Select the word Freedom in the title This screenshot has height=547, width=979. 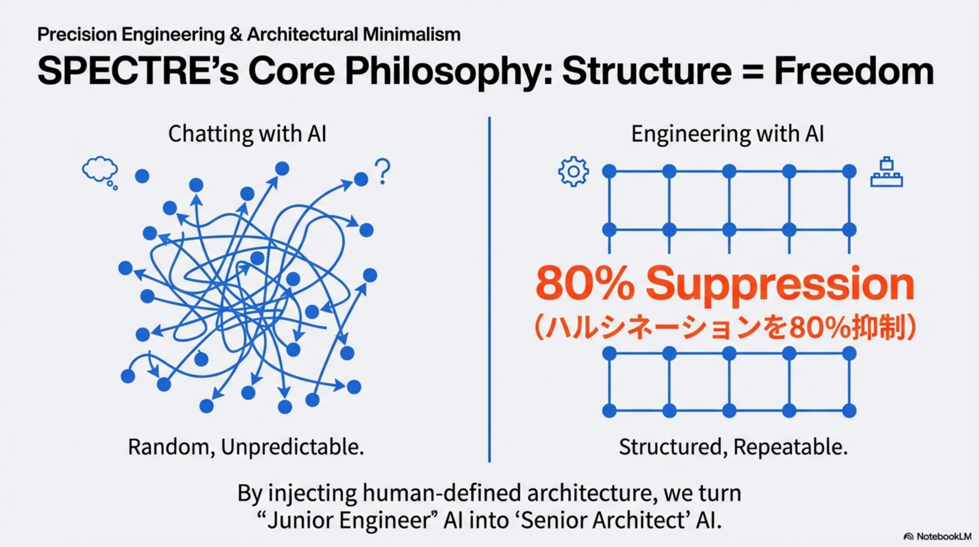(x=854, y=72)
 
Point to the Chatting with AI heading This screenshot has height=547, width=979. (x=247, y=134)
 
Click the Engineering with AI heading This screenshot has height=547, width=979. (x=727, y=134)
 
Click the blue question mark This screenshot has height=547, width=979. (x=382, y=171)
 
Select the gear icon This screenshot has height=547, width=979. (x=573, y=172)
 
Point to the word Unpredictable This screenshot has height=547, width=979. (x=292, y=447)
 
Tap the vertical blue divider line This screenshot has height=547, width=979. (x=489, y=289)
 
